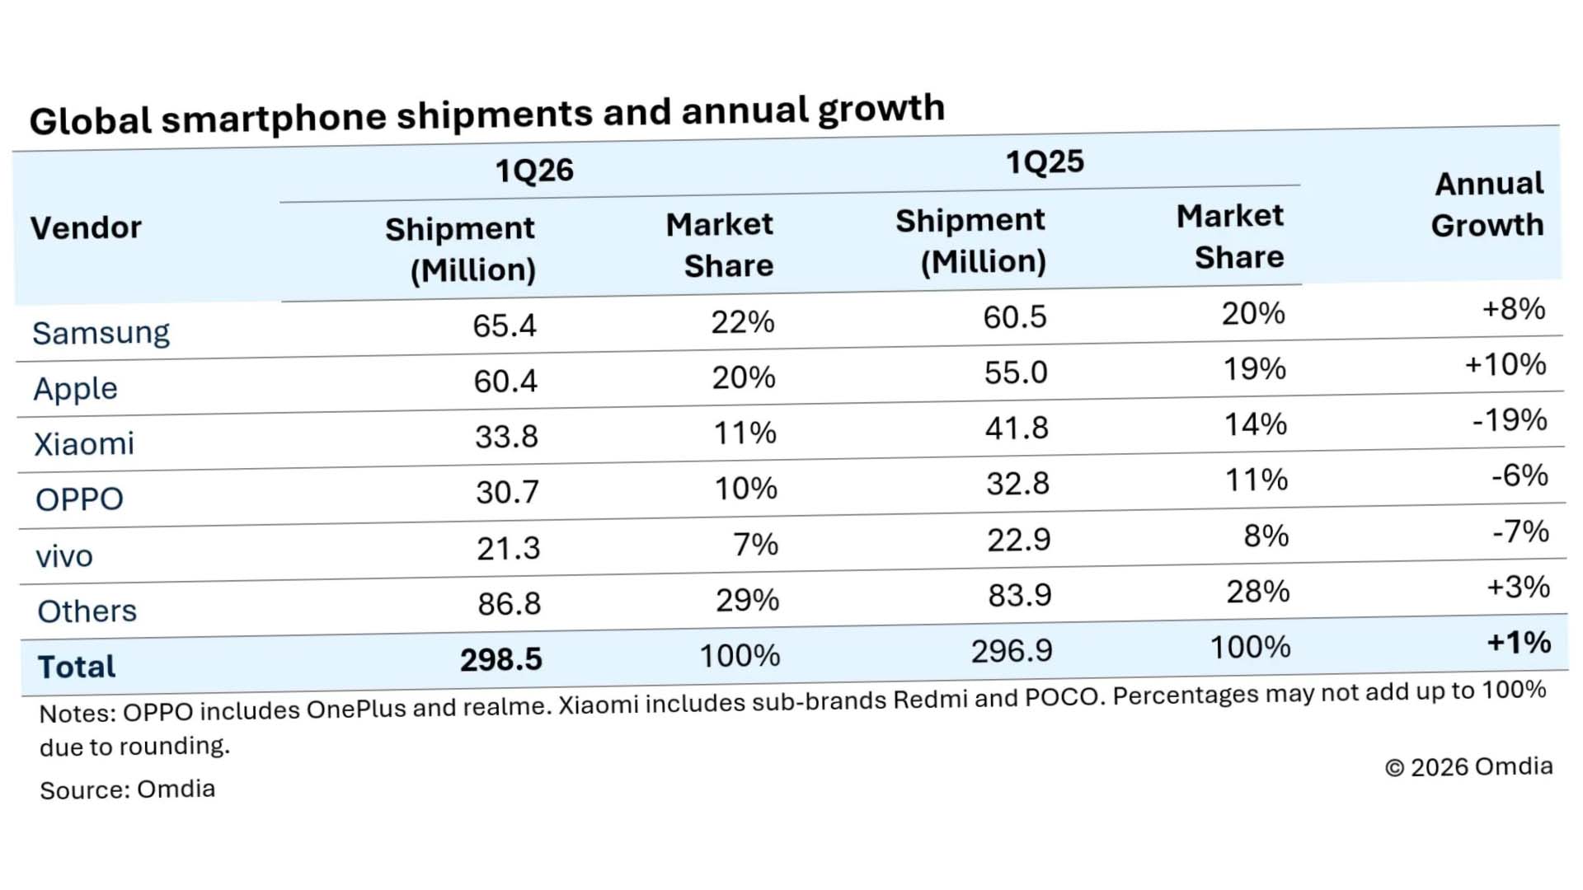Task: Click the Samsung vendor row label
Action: pyautogui.click(x=101, y=333)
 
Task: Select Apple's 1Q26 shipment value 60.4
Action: pyautogui.click(x=505, y=381)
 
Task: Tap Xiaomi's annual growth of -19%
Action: pyautogui.click(x=1510, y=420)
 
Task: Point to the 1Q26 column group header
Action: pyautogui.click(x=533, y=171)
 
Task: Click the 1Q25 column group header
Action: pyautogui.click(x=1044, y=162)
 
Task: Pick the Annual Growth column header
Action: pyautogui.click(x=1487, y=204)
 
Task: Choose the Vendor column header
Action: pyautogui.click(x=86, y=227)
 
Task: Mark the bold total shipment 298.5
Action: pyautogui.click(x=500, y=659)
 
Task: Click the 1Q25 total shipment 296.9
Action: pyautogui.click(x=1012, y=651)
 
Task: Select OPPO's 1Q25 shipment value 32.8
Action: pyautogui.click(x=1017, y=484)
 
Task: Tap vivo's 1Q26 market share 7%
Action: pyautogui.click(x=755, y=544)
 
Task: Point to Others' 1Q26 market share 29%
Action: pyautogui.click(x=747, y=600)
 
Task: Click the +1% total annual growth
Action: pyautogui.click(x=1519, y=642)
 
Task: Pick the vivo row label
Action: pyautogui.click(x=64, y=556)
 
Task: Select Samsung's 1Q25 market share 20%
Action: pyautogui.click(x=1253, y=313)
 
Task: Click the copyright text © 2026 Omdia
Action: pyautogui.click(x=1468, y=767)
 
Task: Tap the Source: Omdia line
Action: pyautogui.click(x=127, y=789)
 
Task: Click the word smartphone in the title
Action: pyautogui.click(x=273, y=118)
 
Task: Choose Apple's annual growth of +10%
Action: pyautogui.click(x=1505, y=364)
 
